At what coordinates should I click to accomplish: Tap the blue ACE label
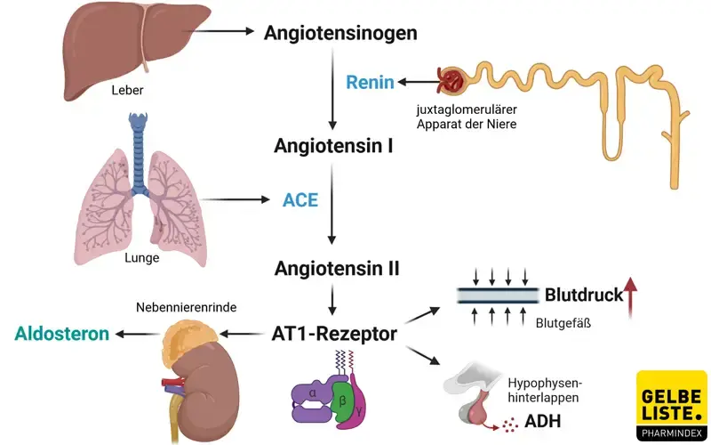pos(300,199)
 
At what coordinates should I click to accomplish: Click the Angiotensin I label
pos(334,145)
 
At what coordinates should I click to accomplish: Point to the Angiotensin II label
pos(337,268)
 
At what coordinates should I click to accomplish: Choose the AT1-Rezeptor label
pos(334,335)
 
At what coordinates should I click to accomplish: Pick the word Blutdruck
pos(583,295)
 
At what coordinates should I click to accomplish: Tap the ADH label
pos(543,420)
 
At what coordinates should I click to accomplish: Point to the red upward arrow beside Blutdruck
pos(632,296)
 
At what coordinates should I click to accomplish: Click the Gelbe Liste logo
pos(672,406)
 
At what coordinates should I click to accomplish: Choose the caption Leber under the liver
pos(127,90)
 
